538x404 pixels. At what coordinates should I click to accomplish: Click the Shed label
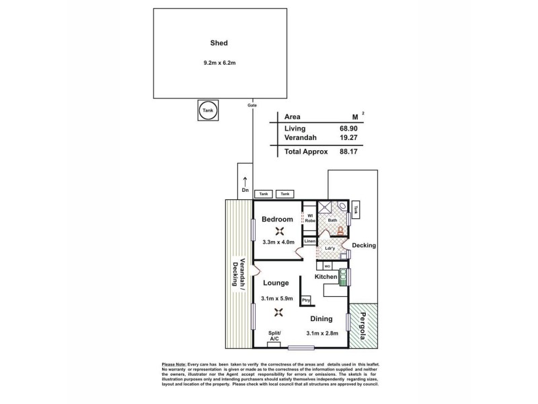(x=218, y=43)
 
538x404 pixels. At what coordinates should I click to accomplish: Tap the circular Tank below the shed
(x=208, y=111)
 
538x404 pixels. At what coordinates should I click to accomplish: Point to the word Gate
(x=252, y=106)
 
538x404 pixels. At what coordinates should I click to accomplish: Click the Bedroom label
(x=277, y=220)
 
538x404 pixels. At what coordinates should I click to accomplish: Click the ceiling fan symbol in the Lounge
(x=278, y=312)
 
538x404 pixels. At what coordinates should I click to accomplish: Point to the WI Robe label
(x=310, y=218)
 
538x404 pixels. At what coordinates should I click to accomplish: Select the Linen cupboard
(x=310, y=241)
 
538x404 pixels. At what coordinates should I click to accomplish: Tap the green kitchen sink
(x=343, y=277)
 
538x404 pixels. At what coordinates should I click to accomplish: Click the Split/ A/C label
(x=274, y=337)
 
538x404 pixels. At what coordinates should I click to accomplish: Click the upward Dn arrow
(x=245, y=180)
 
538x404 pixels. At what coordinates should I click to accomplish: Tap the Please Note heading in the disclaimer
(x=171, y=364)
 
